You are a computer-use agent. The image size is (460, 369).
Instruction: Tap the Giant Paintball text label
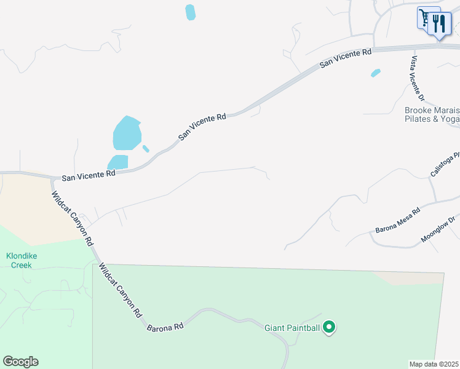[x=292, y=328]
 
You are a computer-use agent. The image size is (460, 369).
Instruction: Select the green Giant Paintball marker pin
[x=330, y=327]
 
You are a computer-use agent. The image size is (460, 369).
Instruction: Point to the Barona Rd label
[x=165, y=327]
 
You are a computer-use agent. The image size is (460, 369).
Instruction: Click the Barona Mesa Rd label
[x=397, y=220]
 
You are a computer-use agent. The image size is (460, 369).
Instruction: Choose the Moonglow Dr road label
[x=438, y=229]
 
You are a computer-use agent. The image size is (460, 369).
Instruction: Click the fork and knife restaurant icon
[x=439, y=24]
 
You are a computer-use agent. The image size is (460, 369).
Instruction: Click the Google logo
[x=20, y=362]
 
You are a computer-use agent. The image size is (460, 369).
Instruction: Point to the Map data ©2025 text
[x=434, y=364]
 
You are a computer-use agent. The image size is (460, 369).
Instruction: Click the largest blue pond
[x=127, y=133]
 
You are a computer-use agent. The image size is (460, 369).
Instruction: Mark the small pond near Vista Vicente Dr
[x=375, y=73]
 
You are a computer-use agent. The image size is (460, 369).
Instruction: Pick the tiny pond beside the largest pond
[x=146, y=148]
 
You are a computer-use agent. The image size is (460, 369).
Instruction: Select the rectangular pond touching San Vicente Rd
[x=118, y=162]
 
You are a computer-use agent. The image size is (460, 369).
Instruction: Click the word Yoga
[x=450, y=119]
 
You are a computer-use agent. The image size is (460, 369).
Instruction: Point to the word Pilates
[x=418, y=119]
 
